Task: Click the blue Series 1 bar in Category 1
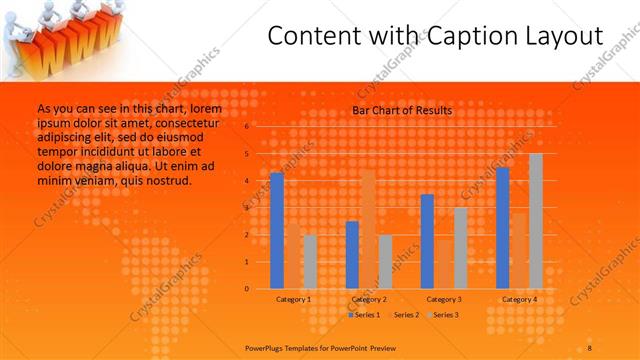(x=277, y=231)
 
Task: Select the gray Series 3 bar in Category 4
(x=536, y=221)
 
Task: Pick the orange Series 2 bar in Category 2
(x=368, y=229)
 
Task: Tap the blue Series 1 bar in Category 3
(x=427, y=241)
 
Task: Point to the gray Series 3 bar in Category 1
(x=310, y=262)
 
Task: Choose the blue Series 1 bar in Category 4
(x=503, y=228)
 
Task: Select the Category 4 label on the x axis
(x=519, y=299)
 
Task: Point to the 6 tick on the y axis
(x=247, y=127)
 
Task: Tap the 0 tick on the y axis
(x=247, y=289)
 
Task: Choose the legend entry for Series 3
(x=444, y=315)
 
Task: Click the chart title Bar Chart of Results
(x=402, y=110)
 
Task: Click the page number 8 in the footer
(x=590, y=346)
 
